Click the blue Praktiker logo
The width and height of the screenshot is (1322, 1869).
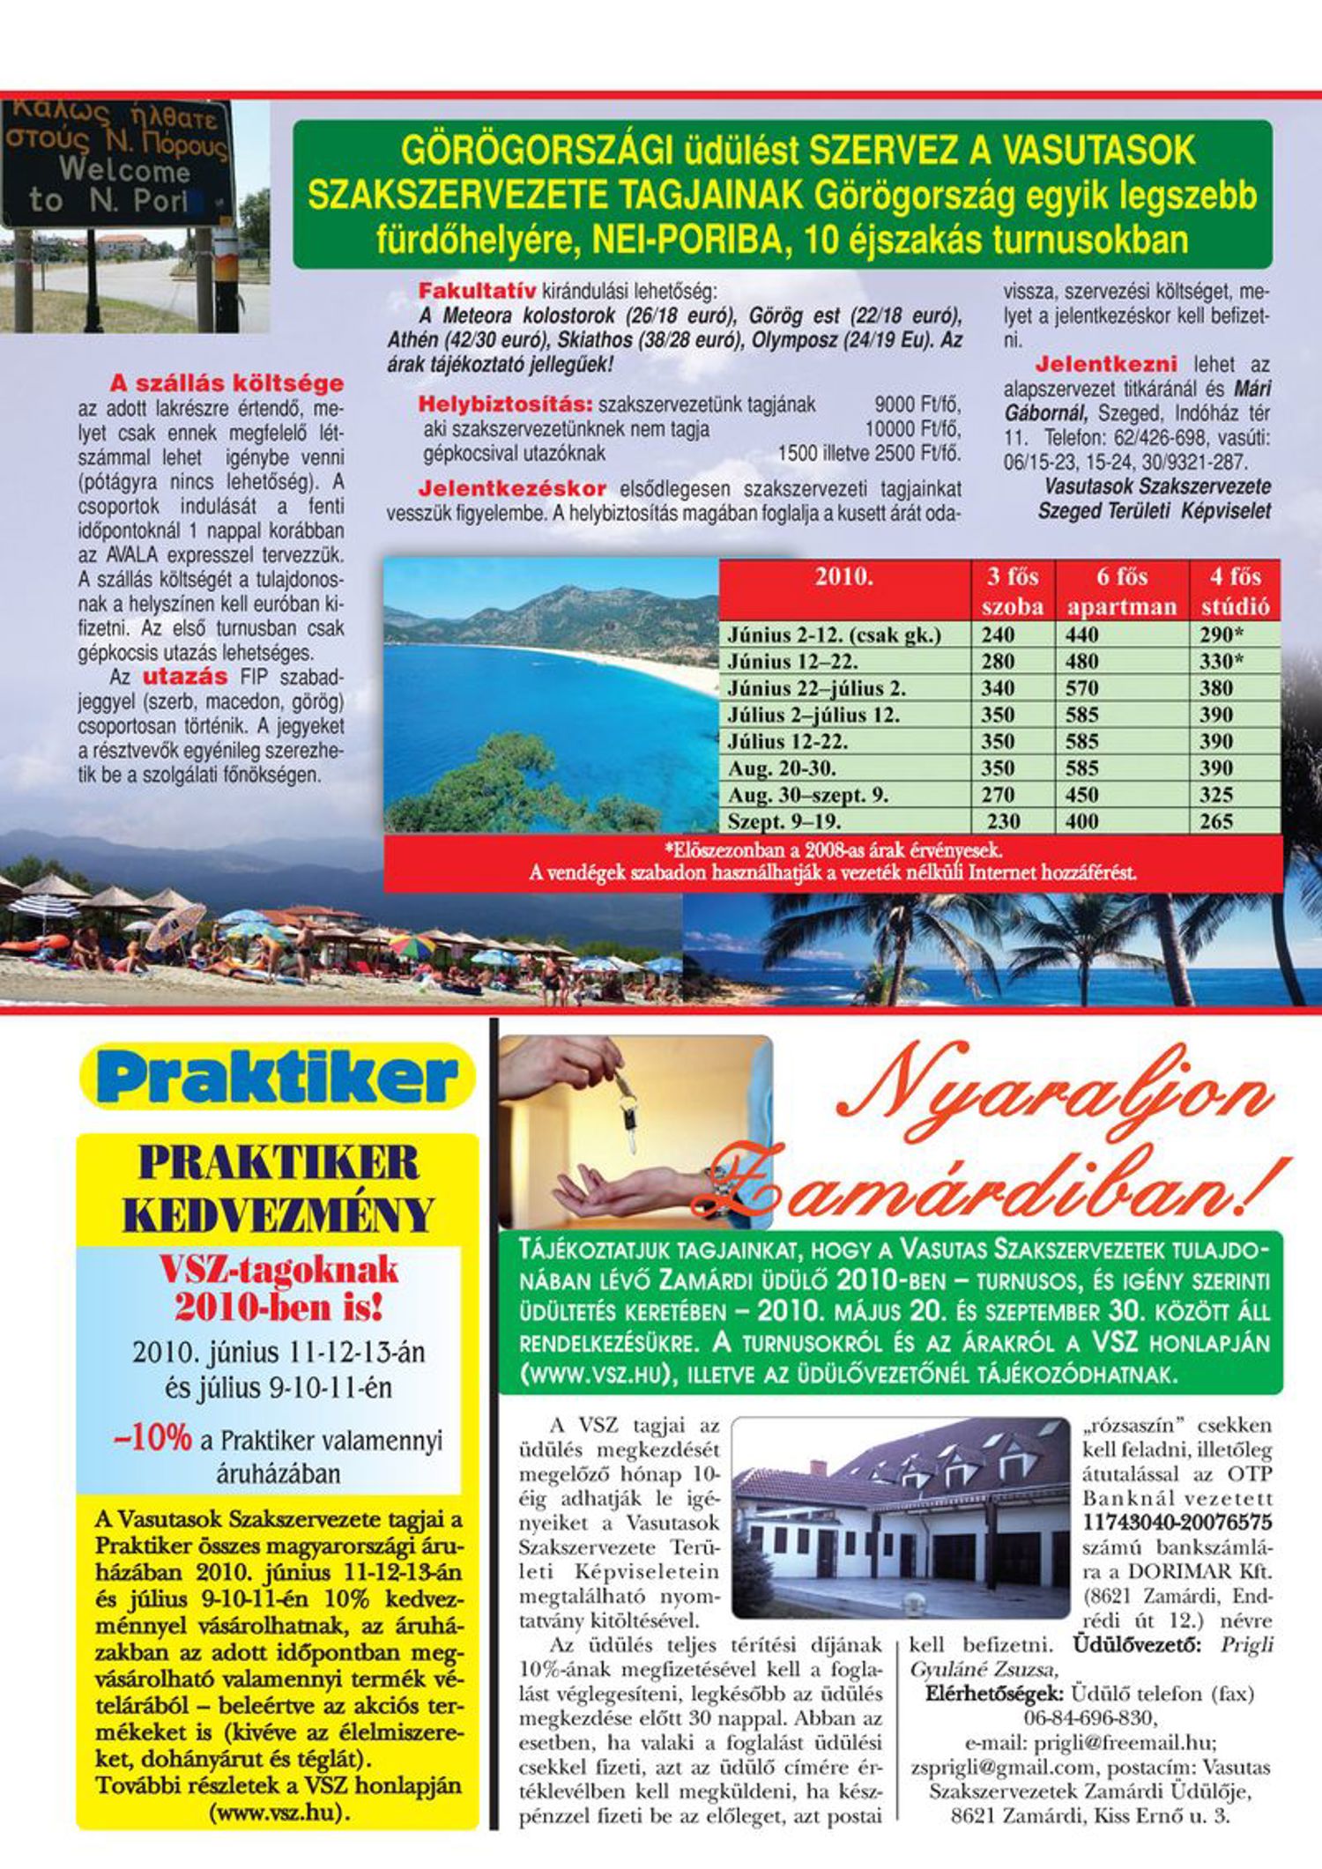tap(278, 1076)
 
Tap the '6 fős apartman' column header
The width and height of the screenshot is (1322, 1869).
tap(1121, 591)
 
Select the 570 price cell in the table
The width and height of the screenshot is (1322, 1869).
tap(1082, 687)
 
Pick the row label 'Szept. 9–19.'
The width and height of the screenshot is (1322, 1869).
tap(784, 822)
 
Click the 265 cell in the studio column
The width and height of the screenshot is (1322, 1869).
tap(1216, 822)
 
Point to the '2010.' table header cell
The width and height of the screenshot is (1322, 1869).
tap(843, 577)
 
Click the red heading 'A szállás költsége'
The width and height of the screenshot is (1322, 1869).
tap(227, 383)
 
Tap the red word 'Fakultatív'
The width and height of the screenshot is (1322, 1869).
tap(477, 291)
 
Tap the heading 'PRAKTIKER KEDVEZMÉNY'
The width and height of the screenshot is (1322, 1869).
tap(278, 1190)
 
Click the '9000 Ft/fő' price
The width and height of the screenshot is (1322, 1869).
tap(917, 405)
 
